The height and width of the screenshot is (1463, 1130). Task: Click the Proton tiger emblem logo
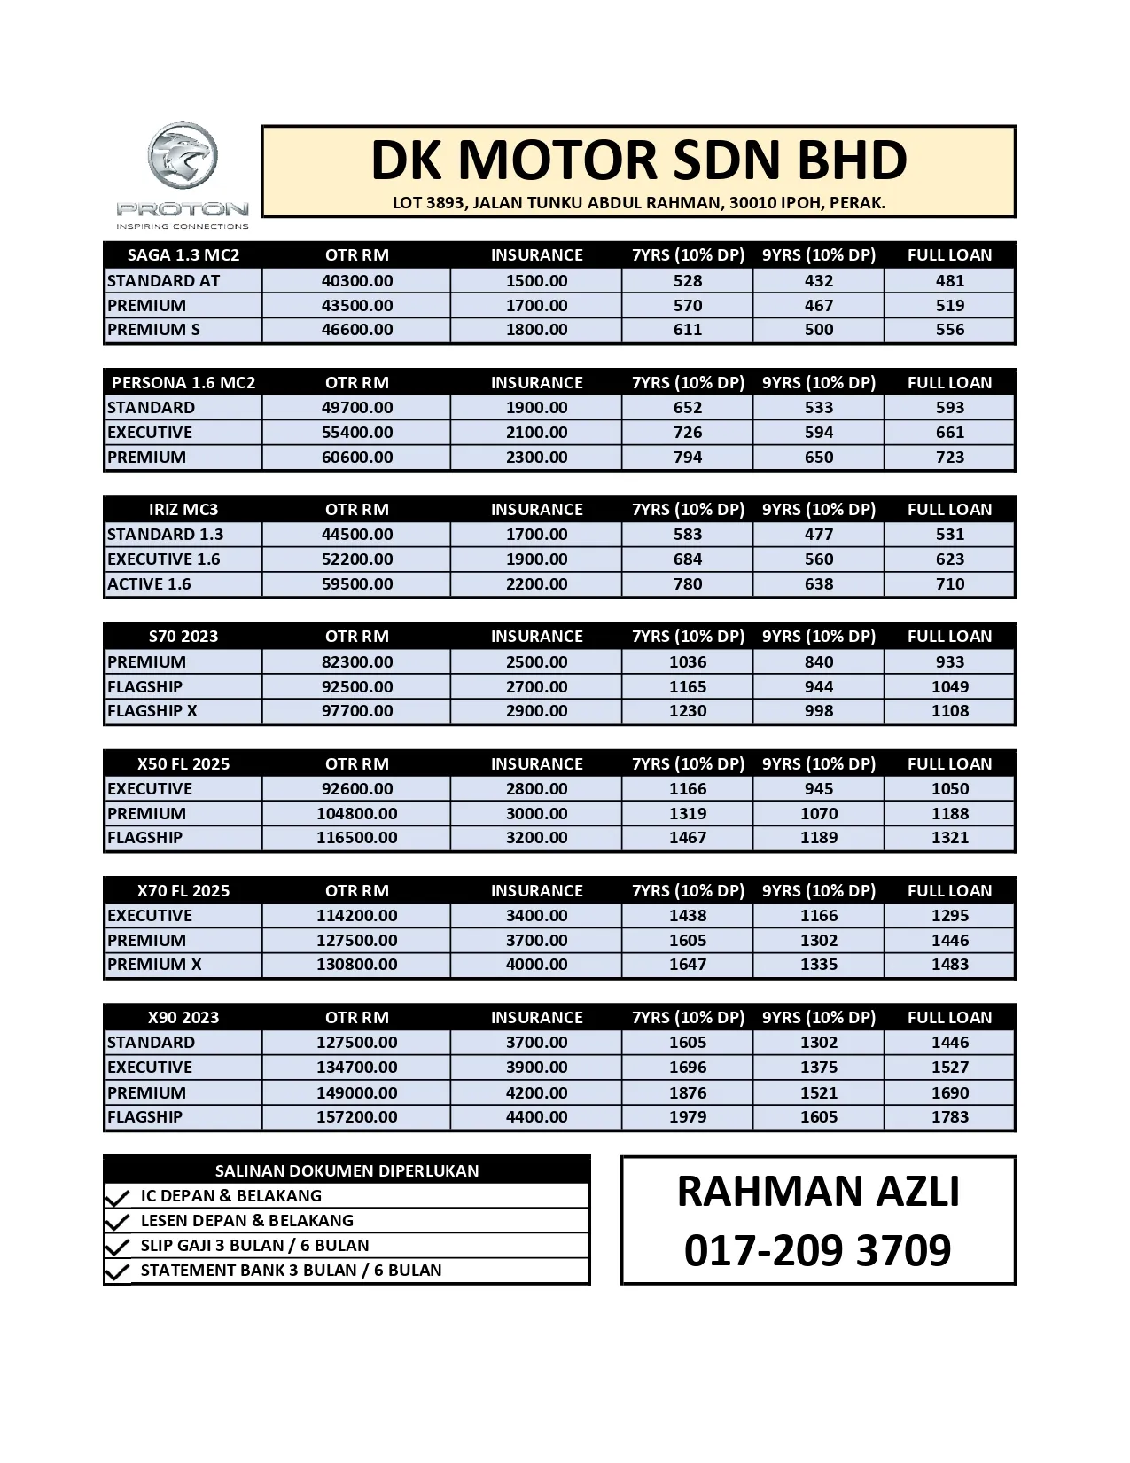[183, 158]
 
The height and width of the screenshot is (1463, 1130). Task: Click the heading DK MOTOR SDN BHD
[638, 160]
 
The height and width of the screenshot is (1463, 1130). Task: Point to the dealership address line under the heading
[638, 203]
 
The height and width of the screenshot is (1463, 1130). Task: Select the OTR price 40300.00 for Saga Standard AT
[356, 281]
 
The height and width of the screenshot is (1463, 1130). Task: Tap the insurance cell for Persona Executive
[536, 433]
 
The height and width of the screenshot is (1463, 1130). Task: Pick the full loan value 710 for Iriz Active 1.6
[949, 584]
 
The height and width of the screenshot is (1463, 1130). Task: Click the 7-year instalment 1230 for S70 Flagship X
[687, 711]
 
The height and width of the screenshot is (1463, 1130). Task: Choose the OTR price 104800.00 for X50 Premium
[356, 814]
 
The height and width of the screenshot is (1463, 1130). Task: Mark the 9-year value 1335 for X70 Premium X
[818, 965]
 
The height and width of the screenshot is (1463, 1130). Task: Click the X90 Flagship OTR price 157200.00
[356, 1117]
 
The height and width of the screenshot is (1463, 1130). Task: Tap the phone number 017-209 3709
[817, 1250]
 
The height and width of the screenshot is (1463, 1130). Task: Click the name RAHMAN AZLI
[817, 1192]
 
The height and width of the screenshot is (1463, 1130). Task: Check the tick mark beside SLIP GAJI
[117, 1247]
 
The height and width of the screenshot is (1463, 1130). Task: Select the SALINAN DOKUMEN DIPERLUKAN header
[347, 1171]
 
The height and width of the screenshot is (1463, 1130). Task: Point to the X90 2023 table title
[183, 1018]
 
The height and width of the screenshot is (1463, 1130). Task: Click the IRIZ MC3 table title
[183, 510]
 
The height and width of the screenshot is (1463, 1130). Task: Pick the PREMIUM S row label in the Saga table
[153, 330]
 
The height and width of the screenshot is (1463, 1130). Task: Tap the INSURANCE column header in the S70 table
[536, 637]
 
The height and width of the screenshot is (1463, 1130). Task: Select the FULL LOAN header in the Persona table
[949, 383]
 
